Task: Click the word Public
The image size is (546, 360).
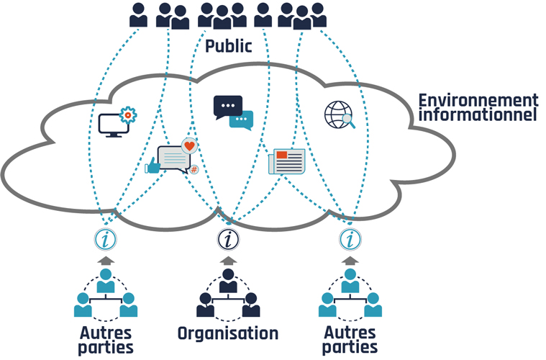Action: tap(229, 47)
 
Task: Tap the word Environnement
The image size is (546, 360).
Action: tap(478, 101)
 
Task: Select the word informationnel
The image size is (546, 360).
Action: tap(478, 115)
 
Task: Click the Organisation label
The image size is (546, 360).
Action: tap(228, 333)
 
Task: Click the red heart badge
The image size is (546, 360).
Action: tap(189, 146)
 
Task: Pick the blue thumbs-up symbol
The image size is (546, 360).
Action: tap(153, 167)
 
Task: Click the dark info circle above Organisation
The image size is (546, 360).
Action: tap(228, 239)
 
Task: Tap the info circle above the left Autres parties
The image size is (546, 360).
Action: tap(106, 239)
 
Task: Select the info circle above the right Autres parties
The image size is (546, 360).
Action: tap(350, 239)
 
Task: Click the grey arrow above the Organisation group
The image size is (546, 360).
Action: tap(228, 260)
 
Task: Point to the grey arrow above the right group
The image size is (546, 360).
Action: tap(350, 260)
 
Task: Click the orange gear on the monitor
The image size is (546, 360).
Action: tap(127, 114)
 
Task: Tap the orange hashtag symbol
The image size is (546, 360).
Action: tap(194, 170)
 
